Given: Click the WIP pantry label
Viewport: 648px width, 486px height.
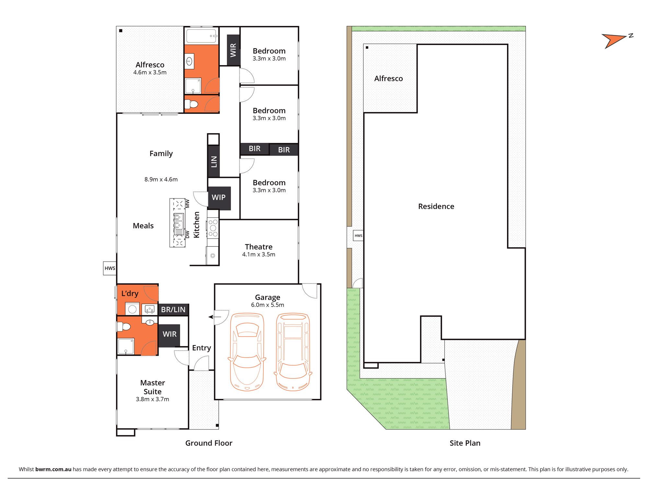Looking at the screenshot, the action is click(219, 197).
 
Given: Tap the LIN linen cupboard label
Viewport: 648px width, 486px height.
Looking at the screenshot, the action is click(214, 161).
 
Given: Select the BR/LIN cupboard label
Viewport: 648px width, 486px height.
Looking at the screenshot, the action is click(173, 310).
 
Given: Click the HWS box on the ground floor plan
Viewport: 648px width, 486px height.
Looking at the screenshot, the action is click(110, 268).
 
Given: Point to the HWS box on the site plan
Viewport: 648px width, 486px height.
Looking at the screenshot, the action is click(358, 236).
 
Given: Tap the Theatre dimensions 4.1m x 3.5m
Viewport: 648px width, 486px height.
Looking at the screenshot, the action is click(259, 255).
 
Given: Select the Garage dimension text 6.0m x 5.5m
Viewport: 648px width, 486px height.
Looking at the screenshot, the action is click(268, 305).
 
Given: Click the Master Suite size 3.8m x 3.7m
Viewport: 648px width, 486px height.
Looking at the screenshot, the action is click(153, 399).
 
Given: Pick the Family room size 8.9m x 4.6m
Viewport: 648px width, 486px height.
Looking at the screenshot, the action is click(161, 179).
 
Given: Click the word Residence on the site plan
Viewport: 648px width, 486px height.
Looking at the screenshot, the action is click(436, 206).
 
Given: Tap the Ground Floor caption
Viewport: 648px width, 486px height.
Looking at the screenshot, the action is click(209, 443).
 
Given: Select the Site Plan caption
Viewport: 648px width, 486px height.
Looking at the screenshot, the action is click(465, 443).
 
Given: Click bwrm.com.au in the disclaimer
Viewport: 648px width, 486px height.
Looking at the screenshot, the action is click(53, 469).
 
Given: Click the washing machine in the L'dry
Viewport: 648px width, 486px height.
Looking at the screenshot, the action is click(132, 309).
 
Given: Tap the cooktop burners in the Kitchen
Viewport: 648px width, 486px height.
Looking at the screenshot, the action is click(213, 228).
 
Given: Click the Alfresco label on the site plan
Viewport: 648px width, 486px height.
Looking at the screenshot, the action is click(388, 79).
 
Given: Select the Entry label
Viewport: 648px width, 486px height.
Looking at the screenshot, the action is click(202, 348).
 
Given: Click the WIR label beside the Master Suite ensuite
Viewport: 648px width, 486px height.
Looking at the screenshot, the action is click(170, 334).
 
